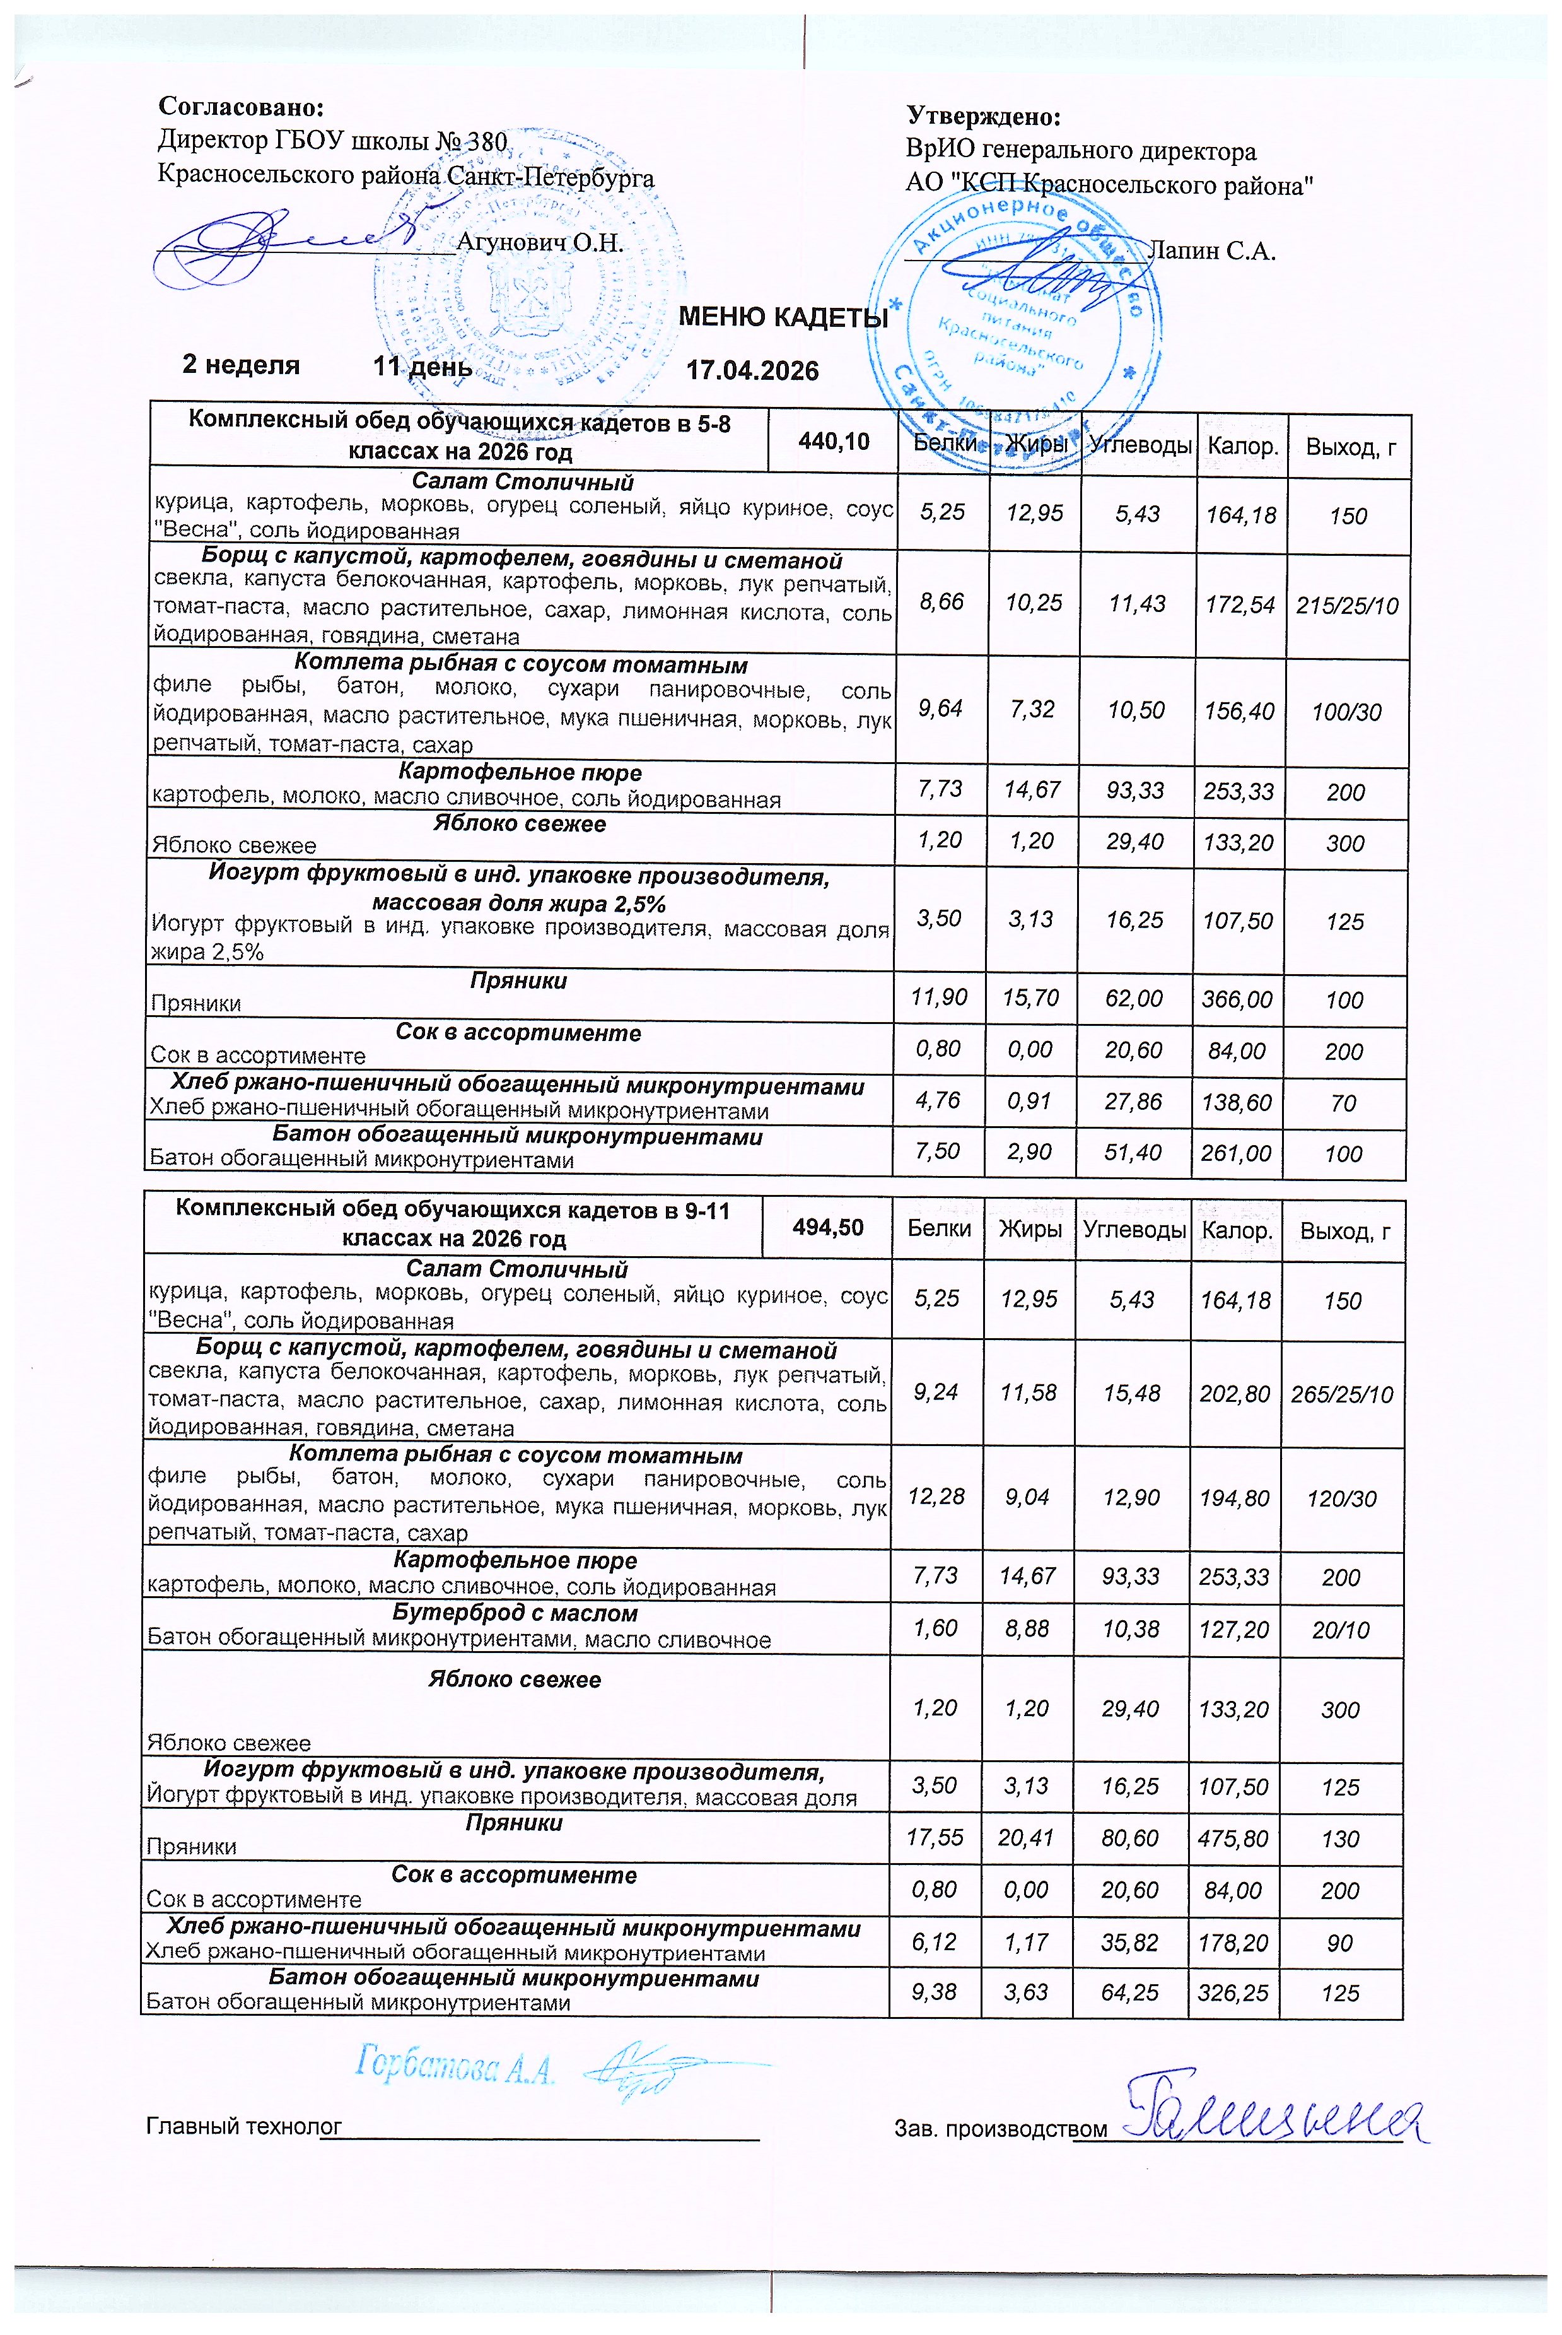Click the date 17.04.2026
752,371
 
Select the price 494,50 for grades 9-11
828,1228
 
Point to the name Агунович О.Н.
539,242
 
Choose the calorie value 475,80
1233,1838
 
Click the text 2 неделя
241,365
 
